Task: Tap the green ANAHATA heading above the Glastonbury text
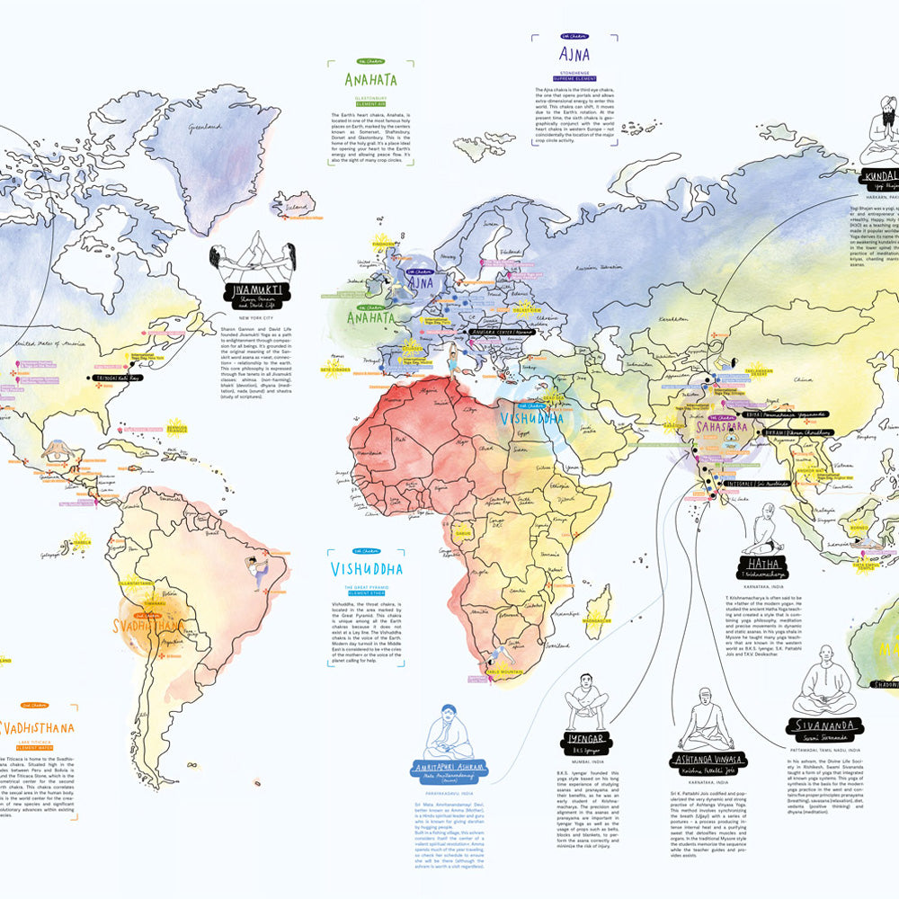pyautogui.click(x=370, y=79)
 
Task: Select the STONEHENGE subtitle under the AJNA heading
pyautogui.click(x=574, y=69)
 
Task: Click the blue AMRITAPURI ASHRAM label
pyautogui.click(x=449, y=767)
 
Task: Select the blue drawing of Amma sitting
pyautogui.click(x=449, y=731)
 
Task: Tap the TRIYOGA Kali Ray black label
pyautogui.click(x=116, y=378)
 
